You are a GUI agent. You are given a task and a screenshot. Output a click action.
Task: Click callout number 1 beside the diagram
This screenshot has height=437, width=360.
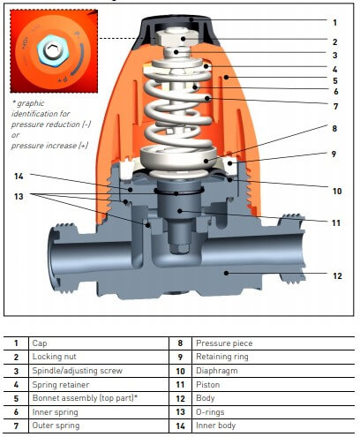(x=334, y=23)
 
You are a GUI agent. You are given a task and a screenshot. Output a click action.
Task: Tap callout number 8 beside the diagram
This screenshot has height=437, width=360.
(x=334, y=129)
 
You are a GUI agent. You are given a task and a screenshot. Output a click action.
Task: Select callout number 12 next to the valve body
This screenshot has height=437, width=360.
(x=337, y=276)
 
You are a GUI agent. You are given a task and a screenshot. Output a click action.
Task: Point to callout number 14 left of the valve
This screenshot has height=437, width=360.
(x=19, y=177)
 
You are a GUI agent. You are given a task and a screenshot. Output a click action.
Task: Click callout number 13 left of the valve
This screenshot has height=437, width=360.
(x=19, y=196)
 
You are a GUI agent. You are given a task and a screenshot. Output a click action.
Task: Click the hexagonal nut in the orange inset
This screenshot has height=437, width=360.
(x=53, y=50)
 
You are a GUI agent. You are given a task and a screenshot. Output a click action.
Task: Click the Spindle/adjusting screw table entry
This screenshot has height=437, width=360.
(x=78, y=371)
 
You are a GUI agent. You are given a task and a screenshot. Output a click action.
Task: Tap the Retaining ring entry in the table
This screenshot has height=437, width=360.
(x=222, y=357)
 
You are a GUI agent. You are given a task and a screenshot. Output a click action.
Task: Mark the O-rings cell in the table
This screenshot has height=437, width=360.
(x=210, y=412)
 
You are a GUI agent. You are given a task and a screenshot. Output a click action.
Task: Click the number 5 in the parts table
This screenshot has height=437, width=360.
(x=16, y=398)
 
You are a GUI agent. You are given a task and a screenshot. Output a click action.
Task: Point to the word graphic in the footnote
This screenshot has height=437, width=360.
(x=31, y=103)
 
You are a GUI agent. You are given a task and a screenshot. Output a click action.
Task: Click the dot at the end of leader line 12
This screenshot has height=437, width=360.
(x=226, y=273)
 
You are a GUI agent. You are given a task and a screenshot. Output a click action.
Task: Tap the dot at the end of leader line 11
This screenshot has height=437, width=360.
(x=180, y=211)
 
